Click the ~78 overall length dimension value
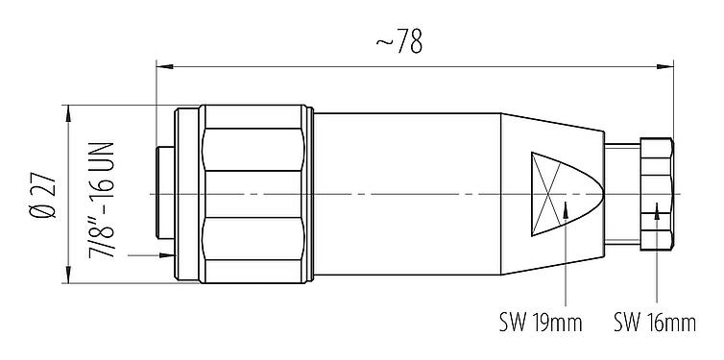[398, 43]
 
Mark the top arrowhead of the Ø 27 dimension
[67, 112]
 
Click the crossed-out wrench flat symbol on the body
[551, 194]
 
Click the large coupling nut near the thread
[254, 195]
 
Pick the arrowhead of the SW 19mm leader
[567, 207]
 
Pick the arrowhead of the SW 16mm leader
[657, 210]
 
